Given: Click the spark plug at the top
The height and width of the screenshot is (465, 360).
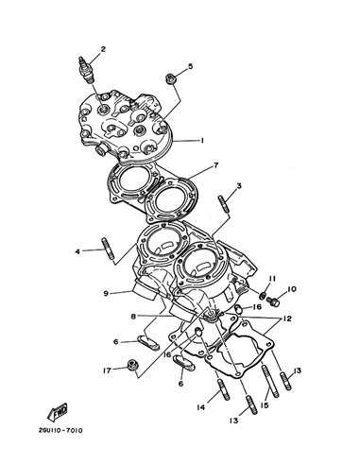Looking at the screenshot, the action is tap(85, 70).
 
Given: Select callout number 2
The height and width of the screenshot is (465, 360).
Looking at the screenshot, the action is tap(103, 49).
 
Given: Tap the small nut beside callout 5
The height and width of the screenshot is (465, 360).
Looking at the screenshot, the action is tap(171, 78).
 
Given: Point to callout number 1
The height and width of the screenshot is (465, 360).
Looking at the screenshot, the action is tap(202, 141).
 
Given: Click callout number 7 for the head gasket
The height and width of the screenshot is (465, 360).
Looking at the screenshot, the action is tap(215, 165).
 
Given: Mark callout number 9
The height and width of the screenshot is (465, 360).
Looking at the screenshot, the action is tap(106, 293).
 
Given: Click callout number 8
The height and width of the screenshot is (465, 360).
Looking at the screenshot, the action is tap(134, 316).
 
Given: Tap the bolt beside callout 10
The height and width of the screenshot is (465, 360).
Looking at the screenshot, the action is tap(273, 301).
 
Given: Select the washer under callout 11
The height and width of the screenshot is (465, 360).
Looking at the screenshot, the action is tap(262, 296).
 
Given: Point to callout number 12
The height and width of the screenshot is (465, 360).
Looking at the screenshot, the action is tap(287, 319).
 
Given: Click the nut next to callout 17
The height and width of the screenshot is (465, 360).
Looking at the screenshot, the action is tap(131, 365).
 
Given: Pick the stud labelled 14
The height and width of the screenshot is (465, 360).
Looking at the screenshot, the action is tap(223, 389).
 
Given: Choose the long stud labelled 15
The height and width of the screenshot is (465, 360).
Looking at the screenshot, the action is tap(270, 381).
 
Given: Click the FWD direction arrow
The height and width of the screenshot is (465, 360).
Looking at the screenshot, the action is tap(58, 412).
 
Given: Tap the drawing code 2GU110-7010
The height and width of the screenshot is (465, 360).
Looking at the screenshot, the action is tap(61, 430).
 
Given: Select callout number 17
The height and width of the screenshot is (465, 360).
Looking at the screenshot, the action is tap(107, 370).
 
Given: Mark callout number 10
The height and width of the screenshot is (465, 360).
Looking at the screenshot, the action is tap(292, 289).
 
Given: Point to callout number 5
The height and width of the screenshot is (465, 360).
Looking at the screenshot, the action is tap(190, 66).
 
